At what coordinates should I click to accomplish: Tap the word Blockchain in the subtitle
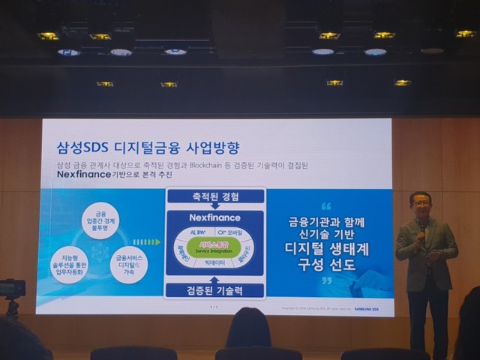pos(217,164)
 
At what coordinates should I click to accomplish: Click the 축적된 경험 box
pos(214,196)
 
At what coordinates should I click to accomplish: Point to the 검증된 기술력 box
pos(214,290)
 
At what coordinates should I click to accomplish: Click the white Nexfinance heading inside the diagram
pos(214,219)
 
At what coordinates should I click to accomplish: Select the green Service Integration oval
pos(214,244)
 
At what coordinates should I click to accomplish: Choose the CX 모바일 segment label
pos(232,233)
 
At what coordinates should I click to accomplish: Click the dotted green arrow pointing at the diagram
pos(147,242)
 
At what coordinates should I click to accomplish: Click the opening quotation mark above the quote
pos(325,206)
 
